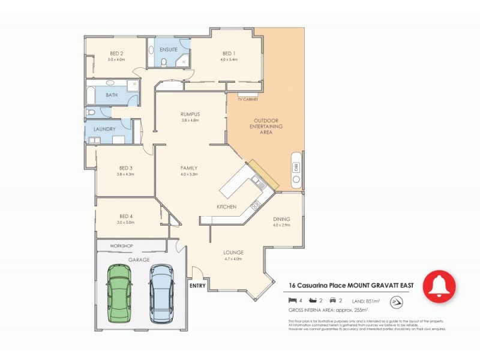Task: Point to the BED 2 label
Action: coord(116,53)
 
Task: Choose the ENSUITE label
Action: coord(169,49)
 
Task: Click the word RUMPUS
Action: coord(190,114)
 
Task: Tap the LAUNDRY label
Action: coord(104,128)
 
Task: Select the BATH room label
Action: coord(112,95)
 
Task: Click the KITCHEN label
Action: coord(226,207)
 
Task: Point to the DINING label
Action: coord(281,219)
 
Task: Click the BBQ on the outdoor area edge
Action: coord(296,169)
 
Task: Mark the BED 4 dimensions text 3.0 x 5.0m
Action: coord(126,223)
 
